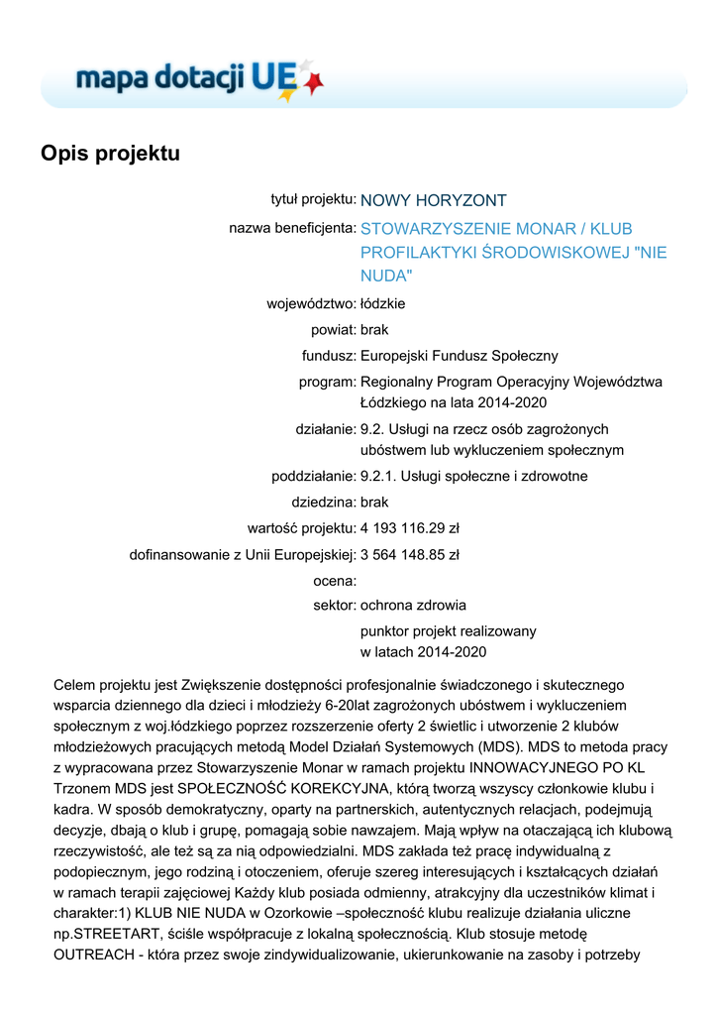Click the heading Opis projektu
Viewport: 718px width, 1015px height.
pyautogui.click(x=110, y=154)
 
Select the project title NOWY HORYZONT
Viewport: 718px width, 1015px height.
pyautogui.click(x=433, y=200)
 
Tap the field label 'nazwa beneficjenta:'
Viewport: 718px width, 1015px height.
pyautogui.click(x=292, y=228)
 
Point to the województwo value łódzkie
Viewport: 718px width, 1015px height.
pyautogui.click(x=382, y=303)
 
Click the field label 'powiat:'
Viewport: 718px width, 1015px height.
pyautogui.click(x=333, y=329)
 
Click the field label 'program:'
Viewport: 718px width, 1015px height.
pyautogui.click(x=327, y=382)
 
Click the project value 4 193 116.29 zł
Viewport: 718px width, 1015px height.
pyautogui.click(x=416, y=527)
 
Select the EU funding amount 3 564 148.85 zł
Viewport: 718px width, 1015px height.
pyautogui.click(x=409, y=554)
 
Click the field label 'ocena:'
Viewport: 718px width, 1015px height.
pyautogui.click(x=334, y=580)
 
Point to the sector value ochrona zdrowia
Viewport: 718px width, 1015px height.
pyautogui.click(x=413, y=605)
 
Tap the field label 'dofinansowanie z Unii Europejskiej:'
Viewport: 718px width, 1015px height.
pyautogui.click(x=243, y=554)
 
